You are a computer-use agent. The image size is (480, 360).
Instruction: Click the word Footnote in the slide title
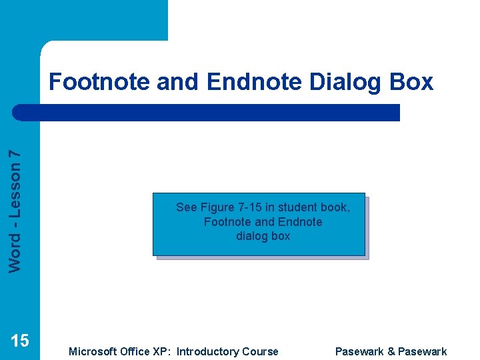[x=99, y=82]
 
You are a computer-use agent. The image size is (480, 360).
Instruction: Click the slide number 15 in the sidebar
[x=20, y=341]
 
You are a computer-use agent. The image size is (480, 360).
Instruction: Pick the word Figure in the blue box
[x=217, y=207]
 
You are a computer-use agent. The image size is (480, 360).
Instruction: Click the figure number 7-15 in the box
[x=250, y=207]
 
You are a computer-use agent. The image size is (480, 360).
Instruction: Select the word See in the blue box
[x=186, y=207]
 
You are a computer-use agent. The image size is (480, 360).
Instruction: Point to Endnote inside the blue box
[x=300, y=222]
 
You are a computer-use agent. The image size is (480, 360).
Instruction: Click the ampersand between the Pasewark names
[x=391, y=351]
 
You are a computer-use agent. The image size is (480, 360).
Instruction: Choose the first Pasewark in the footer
[x=359, y=351]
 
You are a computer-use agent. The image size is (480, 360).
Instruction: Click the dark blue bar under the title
[x=207, y=112]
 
